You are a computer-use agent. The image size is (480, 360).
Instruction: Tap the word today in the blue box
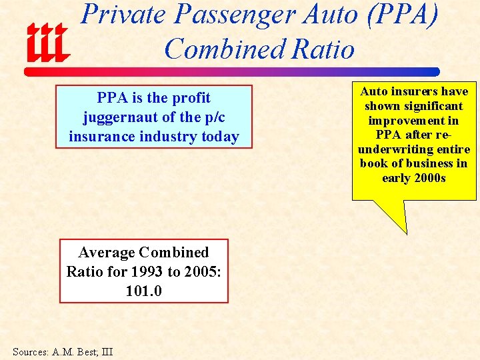click(221, 137)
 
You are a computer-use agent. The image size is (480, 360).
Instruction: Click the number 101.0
click(143, 291)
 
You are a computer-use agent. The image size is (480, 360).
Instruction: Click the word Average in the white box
click(107, 253)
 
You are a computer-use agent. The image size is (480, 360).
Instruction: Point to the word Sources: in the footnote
click(29, 351)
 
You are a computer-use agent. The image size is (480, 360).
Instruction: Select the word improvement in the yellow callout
click(413, 121)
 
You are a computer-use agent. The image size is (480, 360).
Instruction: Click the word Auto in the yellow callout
click(374, 91)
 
